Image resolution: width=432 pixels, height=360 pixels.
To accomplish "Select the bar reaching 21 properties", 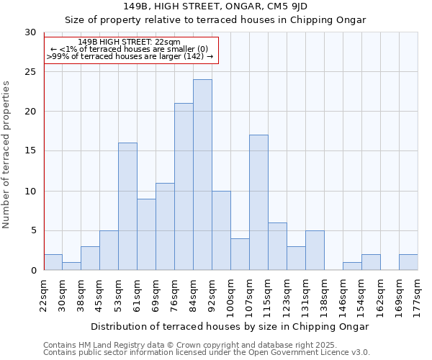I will tap(184, 186).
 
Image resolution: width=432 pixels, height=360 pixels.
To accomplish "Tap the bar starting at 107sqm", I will tap(258, 202).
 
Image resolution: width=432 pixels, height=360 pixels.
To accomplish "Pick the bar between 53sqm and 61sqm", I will tap(127, 207).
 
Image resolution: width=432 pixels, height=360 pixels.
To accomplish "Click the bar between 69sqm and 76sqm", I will tap(165, 226).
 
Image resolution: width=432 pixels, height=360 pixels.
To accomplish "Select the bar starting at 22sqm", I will tap(53, 262).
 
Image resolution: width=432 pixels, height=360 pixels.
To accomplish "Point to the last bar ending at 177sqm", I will tap(408, 262).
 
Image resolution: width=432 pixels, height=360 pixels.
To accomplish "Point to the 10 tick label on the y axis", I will tap(30, 192).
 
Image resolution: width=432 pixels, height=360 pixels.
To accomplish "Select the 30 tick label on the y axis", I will tap(30, 32).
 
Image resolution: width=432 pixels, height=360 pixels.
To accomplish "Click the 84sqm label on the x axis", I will tap(194, 294).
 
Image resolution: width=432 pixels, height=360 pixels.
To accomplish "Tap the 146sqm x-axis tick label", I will tap(343, 296).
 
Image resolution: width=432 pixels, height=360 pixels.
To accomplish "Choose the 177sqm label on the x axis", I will tap(418, 296).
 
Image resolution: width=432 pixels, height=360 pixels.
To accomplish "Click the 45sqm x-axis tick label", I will tap(100, 294).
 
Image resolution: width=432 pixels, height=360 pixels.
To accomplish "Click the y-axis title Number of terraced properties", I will tap(6, 154).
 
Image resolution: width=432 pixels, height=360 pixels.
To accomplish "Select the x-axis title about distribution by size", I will tap(230, 326).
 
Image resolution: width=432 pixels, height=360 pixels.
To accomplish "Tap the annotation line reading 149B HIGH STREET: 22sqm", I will tap(130, 42).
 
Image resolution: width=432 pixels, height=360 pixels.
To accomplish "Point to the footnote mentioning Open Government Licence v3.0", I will tap(207, 353).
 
